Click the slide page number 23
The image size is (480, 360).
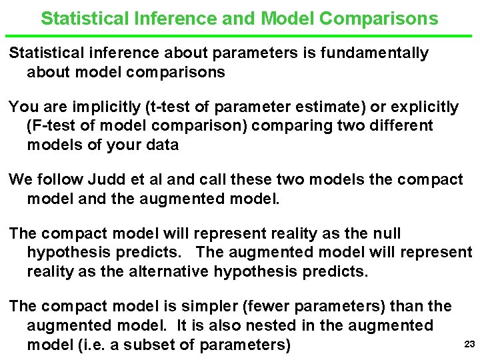pyautogui.click(x=468, y=344)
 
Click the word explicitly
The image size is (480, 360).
pyautogui.click(x=423, y=107)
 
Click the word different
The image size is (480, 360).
pyautogui.click(x=401, y=125)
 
